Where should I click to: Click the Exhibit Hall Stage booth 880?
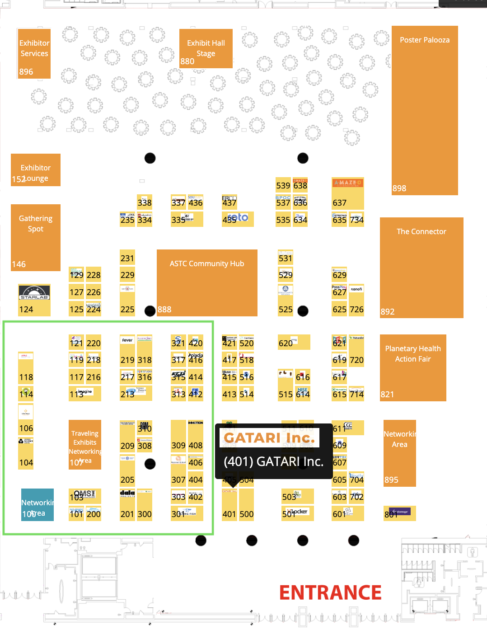coord(206,49)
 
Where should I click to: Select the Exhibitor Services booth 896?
coord(34,53)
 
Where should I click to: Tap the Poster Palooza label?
coord(424,40)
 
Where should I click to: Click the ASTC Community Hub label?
coord(206,263)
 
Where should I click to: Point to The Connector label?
coord(421,231)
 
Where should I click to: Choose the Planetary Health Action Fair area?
coord(412,354)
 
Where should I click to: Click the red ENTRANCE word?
coord(330,592)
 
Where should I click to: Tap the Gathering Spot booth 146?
coord(35,237)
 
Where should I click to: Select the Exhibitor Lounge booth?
coord(35,170)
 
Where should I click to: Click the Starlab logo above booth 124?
coord(34,292)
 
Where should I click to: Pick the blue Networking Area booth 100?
coord(37,505)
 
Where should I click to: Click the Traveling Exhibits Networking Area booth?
coord(84,445)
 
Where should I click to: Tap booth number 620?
coord(286,343)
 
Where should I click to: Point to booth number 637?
coord(339,203)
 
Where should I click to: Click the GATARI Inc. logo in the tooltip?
coord(269,437)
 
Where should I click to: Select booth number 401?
coord(229,514)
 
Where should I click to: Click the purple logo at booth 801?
coord(400,512)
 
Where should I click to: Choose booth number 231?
coord(127,258)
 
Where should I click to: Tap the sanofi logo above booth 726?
coord(356,289)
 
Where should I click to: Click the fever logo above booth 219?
coord(127,340)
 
